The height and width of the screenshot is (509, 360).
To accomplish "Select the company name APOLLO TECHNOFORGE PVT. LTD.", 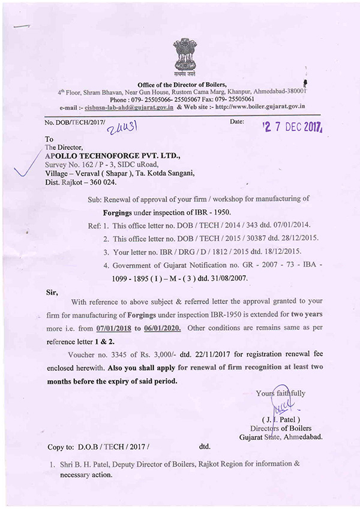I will [x=103, y=155].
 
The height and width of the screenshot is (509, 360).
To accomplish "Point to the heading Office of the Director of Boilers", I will [x=182, y=86].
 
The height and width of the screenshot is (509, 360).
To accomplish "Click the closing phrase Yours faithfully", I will [x=281, y=394].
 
